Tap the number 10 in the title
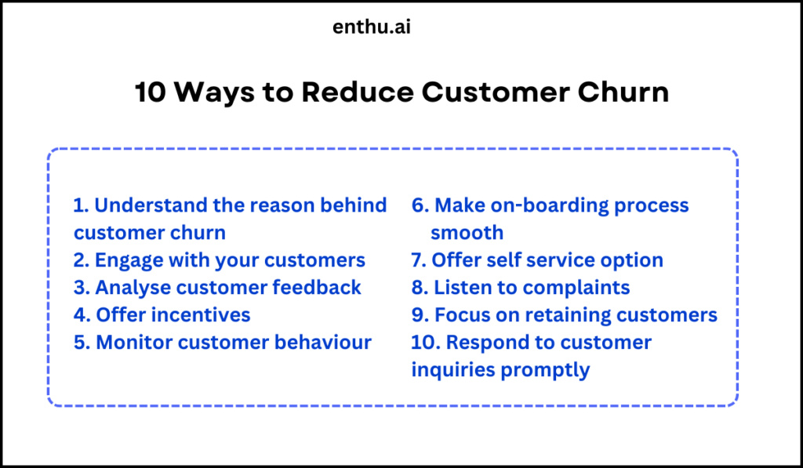(150, 93)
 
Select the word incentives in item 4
(202, 314)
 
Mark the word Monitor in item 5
(132, 342)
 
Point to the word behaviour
(323, 342)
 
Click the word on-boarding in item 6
(542, 205)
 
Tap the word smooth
(467, 233)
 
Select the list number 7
(417, 259)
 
